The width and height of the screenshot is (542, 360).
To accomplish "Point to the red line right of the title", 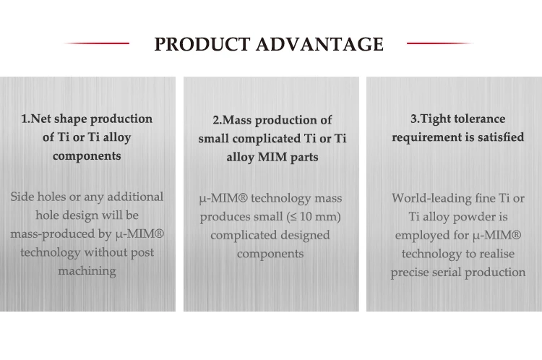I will coord(440,43).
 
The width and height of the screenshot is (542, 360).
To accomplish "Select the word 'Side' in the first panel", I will coord(25,197).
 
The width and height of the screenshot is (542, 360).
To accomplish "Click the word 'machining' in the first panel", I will coord(87,272).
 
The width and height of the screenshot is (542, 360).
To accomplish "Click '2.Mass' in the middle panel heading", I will coord(232,120).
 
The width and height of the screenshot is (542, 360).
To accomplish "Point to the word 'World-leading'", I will coord(434,197).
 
